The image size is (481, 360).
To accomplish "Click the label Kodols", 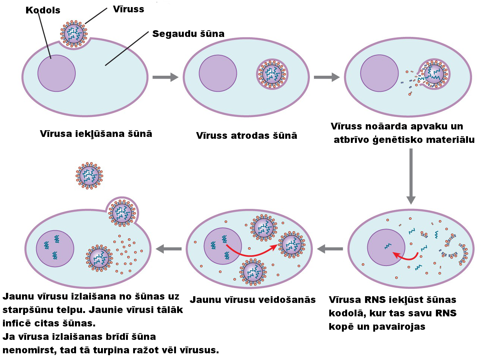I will [43, 10].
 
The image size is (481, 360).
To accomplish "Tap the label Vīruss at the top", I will [128, 9].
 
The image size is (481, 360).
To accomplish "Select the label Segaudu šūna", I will [188, 34].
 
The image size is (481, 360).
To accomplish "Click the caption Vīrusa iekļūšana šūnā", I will [96, 134].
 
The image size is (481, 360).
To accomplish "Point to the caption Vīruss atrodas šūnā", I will [246, 136].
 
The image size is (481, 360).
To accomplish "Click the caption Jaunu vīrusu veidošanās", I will [252, 300].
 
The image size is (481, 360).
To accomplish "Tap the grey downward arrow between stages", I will [411, 176].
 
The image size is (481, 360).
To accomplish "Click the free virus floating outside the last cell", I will [89, 175].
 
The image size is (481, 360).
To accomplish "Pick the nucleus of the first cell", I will [56, 73].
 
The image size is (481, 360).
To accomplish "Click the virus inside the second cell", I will [272, 73].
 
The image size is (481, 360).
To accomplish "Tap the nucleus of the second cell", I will [218, 73].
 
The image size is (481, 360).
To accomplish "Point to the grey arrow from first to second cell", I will [165, 77].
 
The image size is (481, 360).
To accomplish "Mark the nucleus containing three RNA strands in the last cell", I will [55, 248].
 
